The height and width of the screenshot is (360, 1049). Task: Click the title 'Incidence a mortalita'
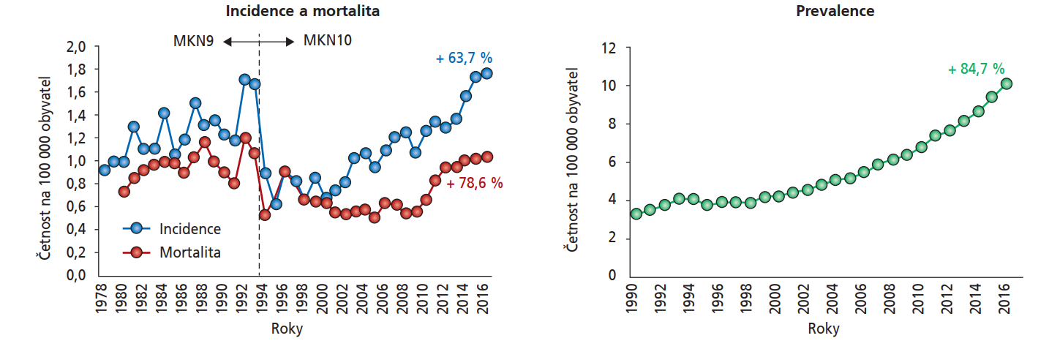coord(302,12)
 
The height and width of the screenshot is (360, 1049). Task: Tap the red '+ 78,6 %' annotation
coord(474,183)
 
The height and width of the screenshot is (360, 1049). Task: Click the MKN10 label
coord(327,41)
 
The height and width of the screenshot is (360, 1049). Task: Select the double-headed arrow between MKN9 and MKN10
coord(258,42)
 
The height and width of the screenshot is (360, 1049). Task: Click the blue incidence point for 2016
coord(487,73)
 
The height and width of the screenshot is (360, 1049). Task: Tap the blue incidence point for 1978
coord(105,170)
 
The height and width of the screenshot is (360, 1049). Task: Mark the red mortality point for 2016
coord(487,157)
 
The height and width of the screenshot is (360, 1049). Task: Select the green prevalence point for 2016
coord(1006,83)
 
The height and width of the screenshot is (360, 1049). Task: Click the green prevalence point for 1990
coord(636,214)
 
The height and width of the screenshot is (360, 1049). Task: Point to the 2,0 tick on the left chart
coord(77,46)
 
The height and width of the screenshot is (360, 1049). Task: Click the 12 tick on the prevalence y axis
coord(607,48)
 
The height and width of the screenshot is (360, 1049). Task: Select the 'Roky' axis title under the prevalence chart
coord(823,329)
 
